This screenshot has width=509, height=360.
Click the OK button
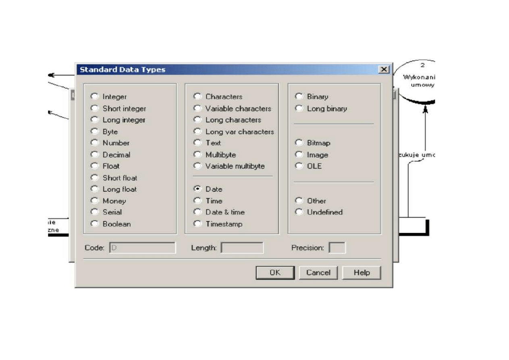coord(275,273)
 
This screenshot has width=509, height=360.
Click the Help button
coord(361,273)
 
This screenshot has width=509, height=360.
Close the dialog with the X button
coord(384,70)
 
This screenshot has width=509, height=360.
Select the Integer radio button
coord(95,96)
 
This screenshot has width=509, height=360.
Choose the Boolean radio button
coord(95,224)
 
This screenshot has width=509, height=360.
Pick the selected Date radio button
coord(197,189)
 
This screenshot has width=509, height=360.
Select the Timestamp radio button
coord(197,224)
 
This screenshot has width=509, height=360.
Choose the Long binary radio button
coord(299,108)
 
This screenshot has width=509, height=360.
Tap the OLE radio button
coord(299,166)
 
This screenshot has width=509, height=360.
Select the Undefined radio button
coord(299,212)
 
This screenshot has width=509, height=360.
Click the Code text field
coord(142,248)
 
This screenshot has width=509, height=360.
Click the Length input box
coord(242,248)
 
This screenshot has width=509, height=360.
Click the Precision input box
coord(337,248)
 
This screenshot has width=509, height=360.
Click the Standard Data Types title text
coord(123,70)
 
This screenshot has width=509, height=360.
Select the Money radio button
coord(95,200)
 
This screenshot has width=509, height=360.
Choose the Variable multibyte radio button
coord(197,166)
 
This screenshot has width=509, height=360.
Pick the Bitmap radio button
coord(299,142)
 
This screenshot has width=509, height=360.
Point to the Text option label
coord(213,143)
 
